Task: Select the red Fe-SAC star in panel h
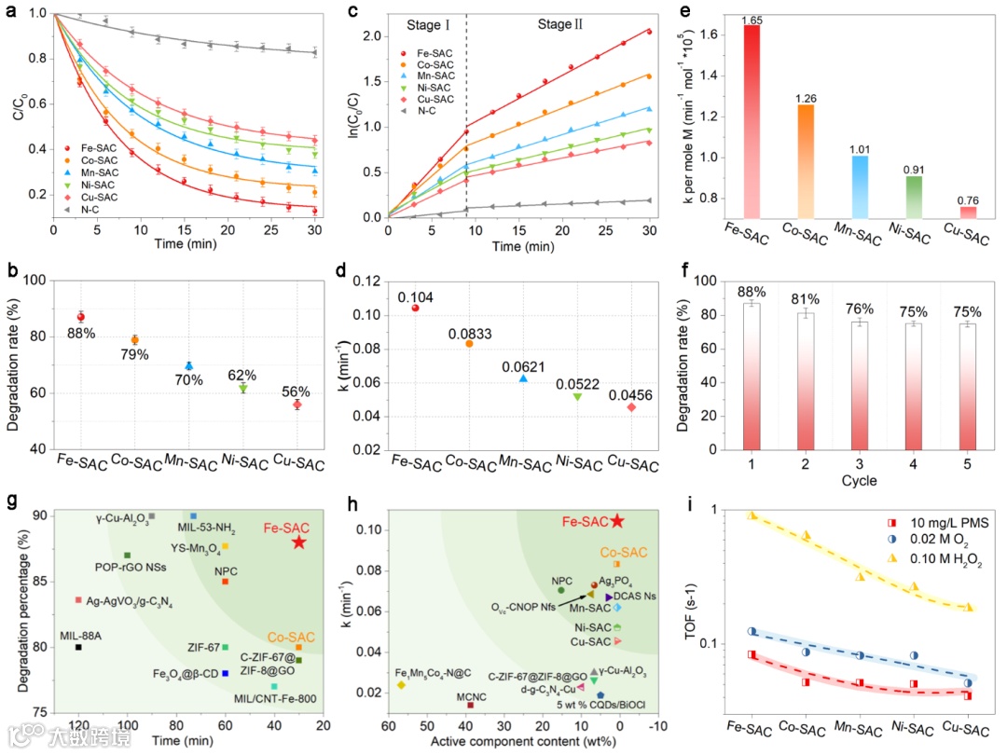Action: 617,521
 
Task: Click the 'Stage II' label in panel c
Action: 560,23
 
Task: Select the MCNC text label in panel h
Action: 471,693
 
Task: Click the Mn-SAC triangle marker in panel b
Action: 189,365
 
